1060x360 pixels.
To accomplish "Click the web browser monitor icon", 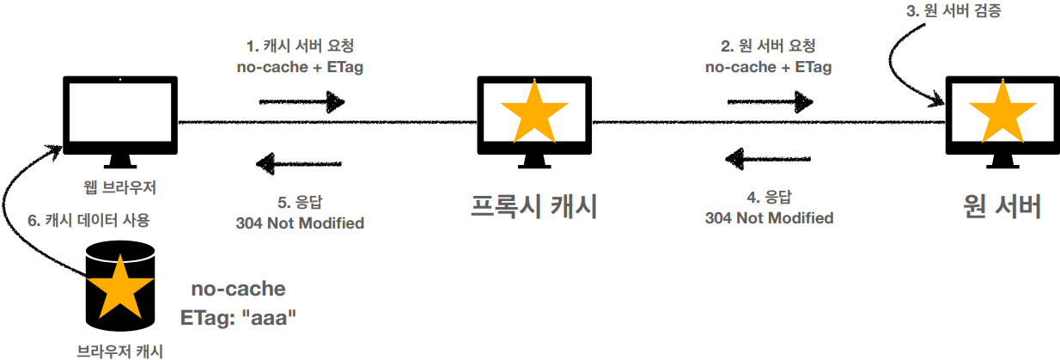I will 121,115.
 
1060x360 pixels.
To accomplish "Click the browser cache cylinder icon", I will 121,288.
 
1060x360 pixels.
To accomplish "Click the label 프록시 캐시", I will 534,206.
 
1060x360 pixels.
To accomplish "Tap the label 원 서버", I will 1002,206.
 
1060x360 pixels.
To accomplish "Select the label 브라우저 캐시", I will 120,350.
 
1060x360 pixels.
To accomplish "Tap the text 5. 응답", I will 300,202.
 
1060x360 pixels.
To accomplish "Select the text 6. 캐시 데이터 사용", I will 89,220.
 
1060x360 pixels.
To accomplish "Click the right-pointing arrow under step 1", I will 301,102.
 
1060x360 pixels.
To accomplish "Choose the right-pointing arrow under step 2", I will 770,102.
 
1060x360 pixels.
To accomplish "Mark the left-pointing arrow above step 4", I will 769,158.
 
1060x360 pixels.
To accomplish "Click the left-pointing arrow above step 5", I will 300,162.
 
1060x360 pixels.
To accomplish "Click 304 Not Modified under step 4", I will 769,217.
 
